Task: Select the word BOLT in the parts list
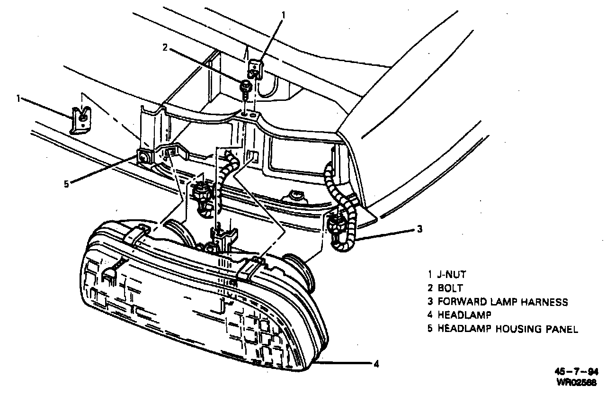coord(450,288)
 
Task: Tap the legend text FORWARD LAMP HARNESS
coord(503,302)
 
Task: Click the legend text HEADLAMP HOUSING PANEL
coord(508,329)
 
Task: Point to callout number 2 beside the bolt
coord(165,47)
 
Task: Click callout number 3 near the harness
coord(419,230)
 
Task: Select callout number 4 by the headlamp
coord(375,364)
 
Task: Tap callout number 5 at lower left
coord(67,184)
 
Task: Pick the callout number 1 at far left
coord(18,99)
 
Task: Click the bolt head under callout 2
coord(246,86)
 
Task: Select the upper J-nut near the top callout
coord(256,67)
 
